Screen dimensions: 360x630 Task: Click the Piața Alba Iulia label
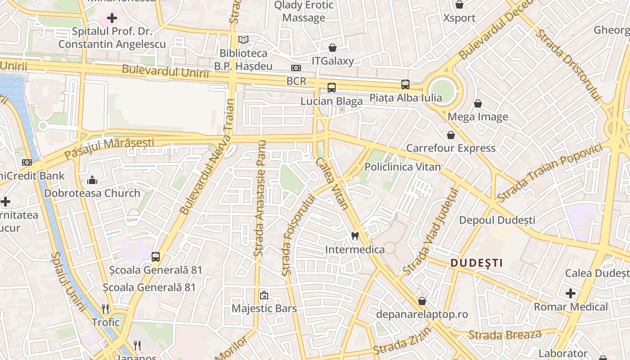(405, 98)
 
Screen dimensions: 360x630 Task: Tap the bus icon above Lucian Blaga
(332, 88)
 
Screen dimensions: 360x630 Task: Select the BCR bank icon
(296, 68)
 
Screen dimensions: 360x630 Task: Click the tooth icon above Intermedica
(355, 236)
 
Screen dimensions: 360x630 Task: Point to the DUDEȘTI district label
(476, 263)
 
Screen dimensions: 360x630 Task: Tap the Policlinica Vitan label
(402, 167)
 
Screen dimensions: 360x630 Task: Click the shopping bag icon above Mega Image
(478, 103)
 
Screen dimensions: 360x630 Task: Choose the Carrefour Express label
(450, 148)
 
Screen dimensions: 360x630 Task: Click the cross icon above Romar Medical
(571, 294)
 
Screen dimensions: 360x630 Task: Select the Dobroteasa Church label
(92, 193)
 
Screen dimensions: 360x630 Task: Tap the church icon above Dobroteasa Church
(92, 180)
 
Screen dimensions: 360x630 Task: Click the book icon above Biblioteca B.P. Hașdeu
(243, 40)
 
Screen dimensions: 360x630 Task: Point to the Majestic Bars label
(264, 308)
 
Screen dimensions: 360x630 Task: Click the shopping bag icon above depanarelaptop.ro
(422, 301)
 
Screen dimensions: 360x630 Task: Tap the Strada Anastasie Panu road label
(260, 198)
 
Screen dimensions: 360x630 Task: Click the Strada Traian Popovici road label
(549, 173)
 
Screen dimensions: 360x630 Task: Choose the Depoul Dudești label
(497, 220)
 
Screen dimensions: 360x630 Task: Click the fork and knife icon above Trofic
(106, 309)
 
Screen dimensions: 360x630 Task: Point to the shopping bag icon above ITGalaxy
(333, 47)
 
